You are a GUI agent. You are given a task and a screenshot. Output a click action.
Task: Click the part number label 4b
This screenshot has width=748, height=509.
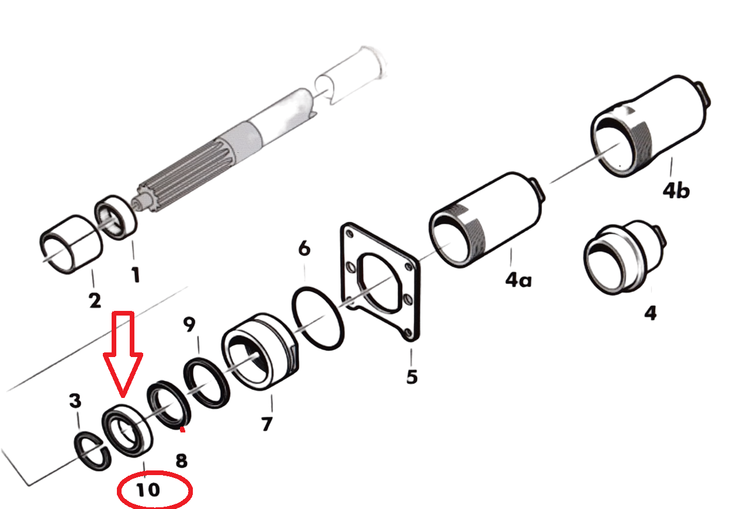[x=676, y=191]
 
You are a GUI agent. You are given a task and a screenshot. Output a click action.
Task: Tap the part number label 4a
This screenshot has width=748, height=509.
[x=518, y=280]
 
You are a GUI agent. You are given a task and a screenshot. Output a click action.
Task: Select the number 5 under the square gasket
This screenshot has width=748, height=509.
[x=412, y=377]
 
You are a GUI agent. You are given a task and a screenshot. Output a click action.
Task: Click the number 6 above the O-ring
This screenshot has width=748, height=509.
[x=304, y=248]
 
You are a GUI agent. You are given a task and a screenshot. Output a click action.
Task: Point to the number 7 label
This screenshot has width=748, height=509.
[x=267, y=424]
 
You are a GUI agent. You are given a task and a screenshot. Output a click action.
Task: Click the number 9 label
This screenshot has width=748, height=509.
[x=189, y=324]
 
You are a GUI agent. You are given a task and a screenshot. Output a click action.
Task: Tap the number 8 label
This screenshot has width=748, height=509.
[x=181, y=460]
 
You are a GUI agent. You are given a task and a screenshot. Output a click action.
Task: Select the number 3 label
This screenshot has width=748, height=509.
[x=75, y=400]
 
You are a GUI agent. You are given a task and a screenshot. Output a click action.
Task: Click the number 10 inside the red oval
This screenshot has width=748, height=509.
[x=148, y=490]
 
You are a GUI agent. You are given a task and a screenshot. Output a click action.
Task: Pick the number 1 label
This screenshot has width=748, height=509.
[x=135, y=275]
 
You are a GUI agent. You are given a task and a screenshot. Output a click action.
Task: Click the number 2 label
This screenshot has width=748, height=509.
[x=95, y=300]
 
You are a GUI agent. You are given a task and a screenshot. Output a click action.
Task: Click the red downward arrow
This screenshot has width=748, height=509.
[x=123, y=354]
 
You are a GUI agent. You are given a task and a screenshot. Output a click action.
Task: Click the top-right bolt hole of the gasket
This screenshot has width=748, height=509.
[x=408, y=266]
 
